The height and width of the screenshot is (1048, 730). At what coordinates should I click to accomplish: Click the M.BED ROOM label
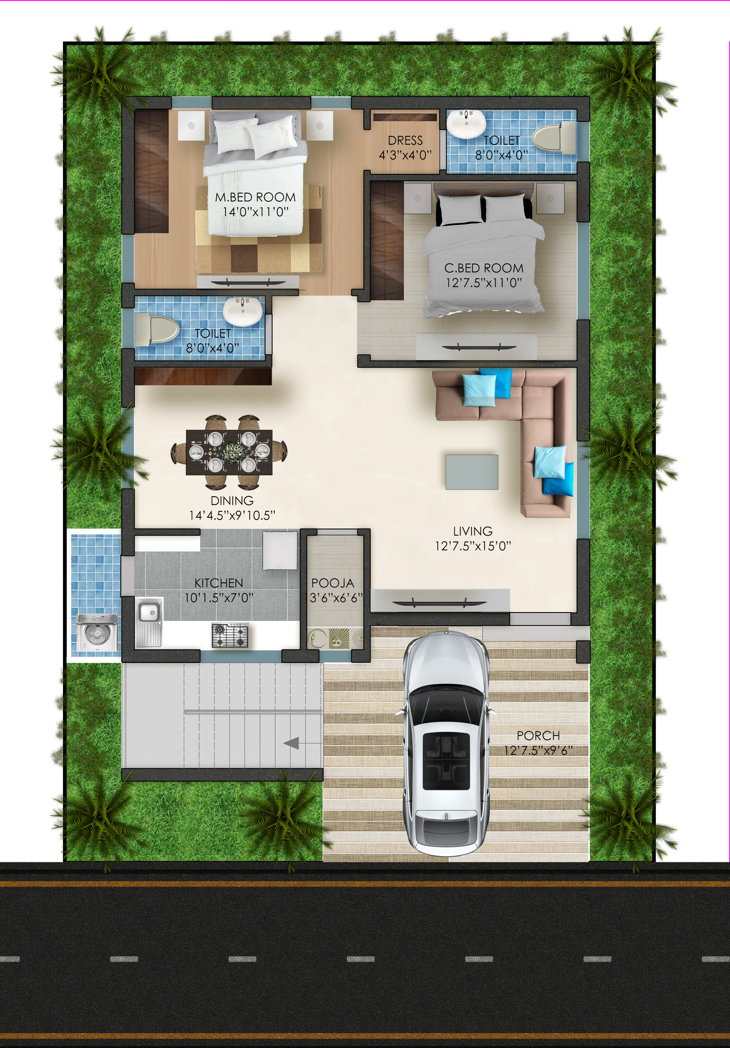click(x=255, y=197)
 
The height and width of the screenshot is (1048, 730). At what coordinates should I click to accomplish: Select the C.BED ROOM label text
click(x=484, y=268)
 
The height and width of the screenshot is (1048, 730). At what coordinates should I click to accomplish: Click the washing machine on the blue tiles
click(x=97, y=632)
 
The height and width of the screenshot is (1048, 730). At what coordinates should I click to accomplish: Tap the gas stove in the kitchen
click(x=230, y=636)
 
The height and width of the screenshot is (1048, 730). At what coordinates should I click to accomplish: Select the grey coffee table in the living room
click(x=472, y=472)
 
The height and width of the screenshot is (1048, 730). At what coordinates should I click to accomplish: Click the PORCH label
click(x=538, y=736)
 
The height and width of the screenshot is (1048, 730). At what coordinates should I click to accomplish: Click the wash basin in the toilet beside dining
click(x=243, y=311)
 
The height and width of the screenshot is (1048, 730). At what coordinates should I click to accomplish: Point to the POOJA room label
click(x=333, y=583)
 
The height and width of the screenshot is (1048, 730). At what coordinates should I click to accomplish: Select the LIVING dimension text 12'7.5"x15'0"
click(x=473, y=546)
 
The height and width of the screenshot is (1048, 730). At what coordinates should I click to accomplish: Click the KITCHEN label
click(x=219, y=583)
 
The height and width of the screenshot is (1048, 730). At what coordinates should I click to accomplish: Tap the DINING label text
click(x=232, y=501)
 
